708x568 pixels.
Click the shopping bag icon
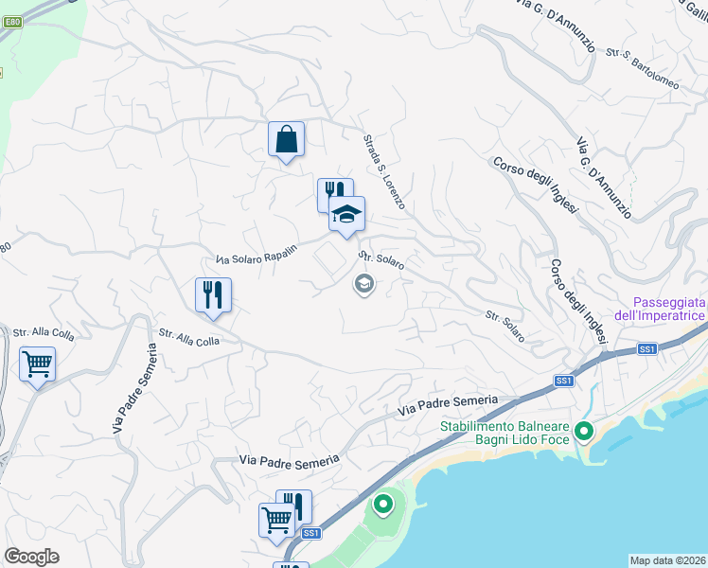point(286,139)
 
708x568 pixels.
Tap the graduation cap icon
point(347,214)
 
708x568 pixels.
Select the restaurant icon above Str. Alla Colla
point(214,294)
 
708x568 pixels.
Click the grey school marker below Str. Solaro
point(363,284)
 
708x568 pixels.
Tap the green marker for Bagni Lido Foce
point(584,433)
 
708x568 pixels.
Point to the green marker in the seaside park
point(383,504)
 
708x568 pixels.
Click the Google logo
point(31,557)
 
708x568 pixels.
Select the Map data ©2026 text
point(667,559)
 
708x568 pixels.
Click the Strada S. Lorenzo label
point(384,171)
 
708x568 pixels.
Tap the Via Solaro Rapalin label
point(257,254)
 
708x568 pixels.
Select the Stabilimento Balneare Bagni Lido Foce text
point(508,433)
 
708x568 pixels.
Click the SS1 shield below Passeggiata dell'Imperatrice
point(647,349)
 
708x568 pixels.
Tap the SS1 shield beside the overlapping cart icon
point(311,534)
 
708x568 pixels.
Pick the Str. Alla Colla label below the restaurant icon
point(189,338)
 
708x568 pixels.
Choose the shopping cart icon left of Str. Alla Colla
point(37,364)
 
